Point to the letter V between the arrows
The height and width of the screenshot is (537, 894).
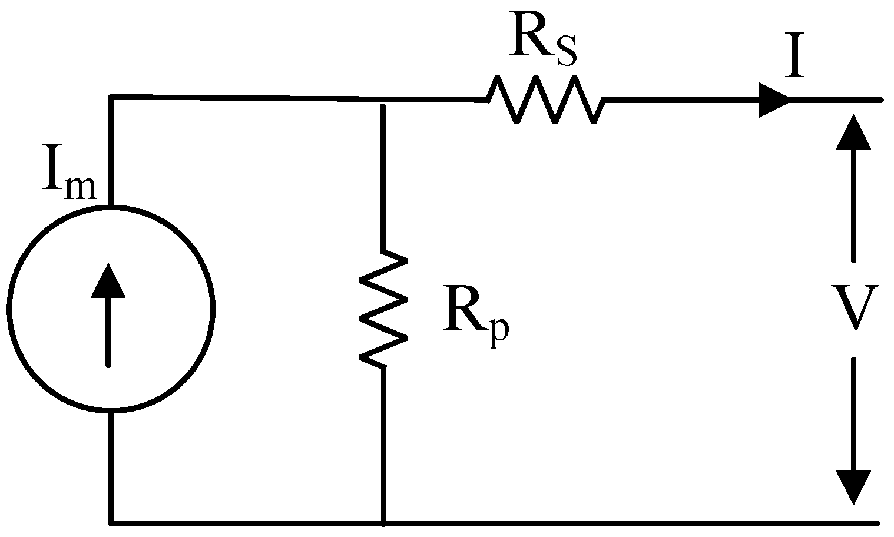(853, 307)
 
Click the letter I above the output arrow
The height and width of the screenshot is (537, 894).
(795, 61)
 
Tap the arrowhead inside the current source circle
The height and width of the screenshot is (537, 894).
(108, 281)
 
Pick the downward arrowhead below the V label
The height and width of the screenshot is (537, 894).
(853, 486)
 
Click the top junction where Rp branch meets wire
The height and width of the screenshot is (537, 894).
(383, 100)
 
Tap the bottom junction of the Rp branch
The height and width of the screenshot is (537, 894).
(383, 522)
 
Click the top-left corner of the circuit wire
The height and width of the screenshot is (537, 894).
(111, 97)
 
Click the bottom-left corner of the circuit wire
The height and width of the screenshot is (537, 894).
(111, 522)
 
